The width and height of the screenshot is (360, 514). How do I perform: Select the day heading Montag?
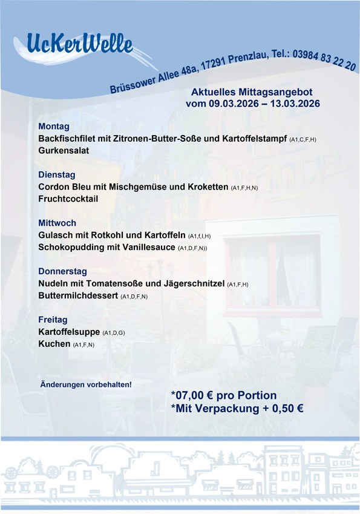click(x=54, y=127)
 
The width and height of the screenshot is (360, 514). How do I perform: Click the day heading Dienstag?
click(x=57, y=175)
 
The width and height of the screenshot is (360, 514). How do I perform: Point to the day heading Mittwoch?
click(x=57, y=223)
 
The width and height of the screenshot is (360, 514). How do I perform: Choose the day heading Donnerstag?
click(x=63, y=271)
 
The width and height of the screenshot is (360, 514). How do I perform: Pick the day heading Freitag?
click(x=53, y=319)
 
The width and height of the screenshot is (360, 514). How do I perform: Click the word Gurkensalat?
click(x=64, y=151)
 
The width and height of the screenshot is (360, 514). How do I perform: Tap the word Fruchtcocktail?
click(x=68, y=199)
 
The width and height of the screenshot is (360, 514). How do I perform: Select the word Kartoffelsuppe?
click(x=69, y=332)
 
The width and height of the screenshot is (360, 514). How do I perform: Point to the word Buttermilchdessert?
click(x=78, y=296)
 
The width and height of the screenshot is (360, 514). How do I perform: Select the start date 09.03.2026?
click(x=233, y=104)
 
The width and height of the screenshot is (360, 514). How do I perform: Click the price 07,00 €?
click(x=200, y=395)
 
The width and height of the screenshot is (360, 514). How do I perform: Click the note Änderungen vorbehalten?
click(x=85, y=384)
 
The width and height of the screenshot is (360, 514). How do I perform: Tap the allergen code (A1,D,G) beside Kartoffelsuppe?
click(x=114, y=333)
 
